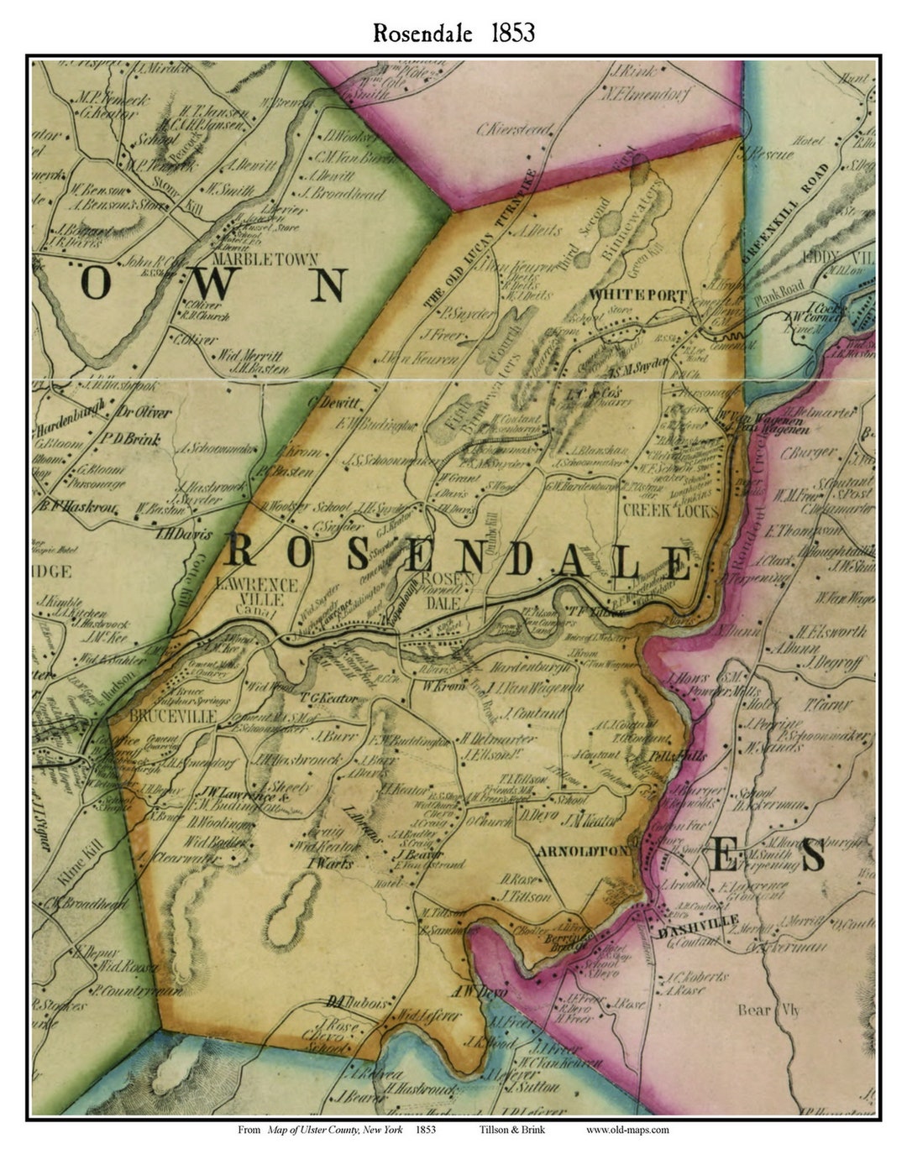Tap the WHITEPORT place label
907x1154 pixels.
(637, 295)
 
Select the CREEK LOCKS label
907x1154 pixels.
(670, 510)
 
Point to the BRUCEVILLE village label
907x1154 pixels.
(174, 715)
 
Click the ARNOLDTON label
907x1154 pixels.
(582, 850)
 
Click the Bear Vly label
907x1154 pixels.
(768, 1010)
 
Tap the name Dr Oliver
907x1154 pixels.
(144, 412)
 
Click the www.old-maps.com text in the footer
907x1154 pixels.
(627, 1130)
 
